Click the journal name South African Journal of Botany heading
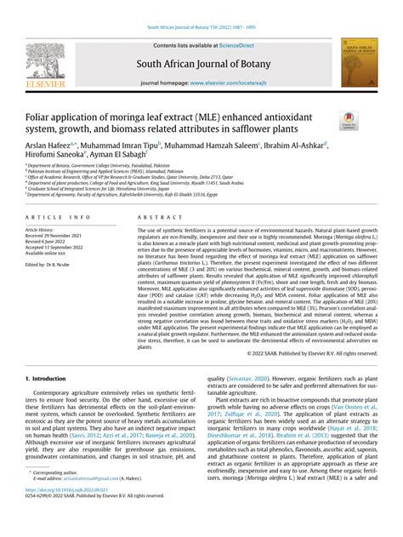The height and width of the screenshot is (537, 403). (x=201, y=64)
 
